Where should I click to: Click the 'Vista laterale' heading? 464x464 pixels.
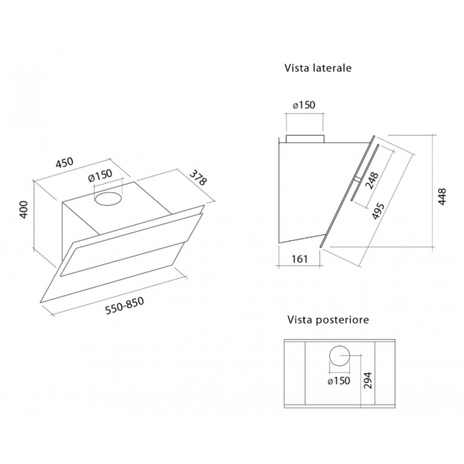(318, 68)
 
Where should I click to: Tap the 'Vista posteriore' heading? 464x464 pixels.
(328, 320)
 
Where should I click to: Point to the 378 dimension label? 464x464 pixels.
(198, 177)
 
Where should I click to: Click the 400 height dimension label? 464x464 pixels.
(23, 210)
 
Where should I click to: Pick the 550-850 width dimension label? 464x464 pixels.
(124, 305)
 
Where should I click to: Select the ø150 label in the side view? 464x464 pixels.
(304, 105)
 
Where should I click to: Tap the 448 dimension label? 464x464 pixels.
(442, 196)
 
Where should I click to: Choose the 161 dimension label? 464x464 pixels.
(299, 259)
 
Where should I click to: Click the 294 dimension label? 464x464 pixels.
(367, 380)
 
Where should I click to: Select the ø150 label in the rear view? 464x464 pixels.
(339, 380)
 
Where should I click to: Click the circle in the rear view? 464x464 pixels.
(340, 346)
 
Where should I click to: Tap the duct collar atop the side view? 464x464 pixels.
(305, 139)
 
